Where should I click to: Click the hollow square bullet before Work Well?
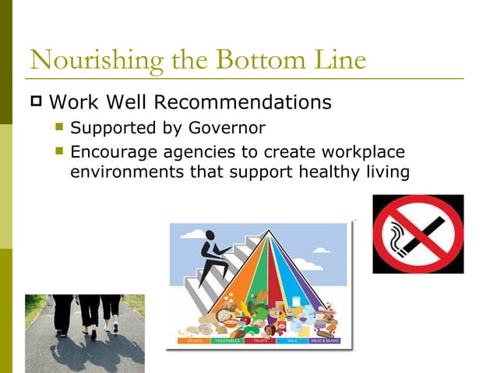coord(34,102)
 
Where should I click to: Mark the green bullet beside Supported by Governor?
coord(61,127)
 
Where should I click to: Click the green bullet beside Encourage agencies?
coord(61,151)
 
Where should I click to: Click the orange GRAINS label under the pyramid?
coord(189,340)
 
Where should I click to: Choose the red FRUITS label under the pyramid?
coord(260,340)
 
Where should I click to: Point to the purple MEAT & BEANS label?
coord(328,340)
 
